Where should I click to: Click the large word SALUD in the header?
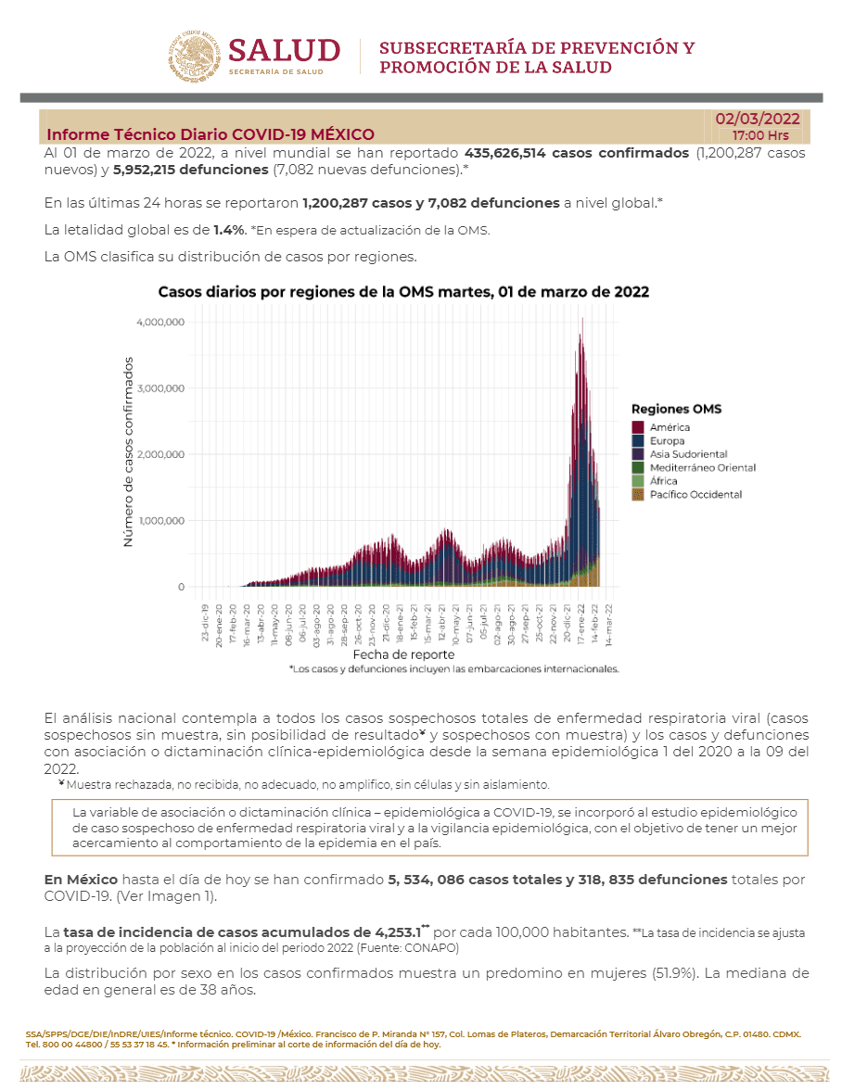(x=285, y=50)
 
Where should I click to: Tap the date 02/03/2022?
(x=757, y=119)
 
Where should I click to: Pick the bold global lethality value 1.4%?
(x=228, y=230)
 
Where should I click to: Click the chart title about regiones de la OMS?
(x=403, y=291)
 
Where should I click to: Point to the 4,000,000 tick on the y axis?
(x=160, y=322)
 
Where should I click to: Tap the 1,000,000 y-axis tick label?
(x=160, y=520)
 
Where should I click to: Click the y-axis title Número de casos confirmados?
(x=128, y=451)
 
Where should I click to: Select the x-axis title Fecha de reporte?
(x=391, y=654)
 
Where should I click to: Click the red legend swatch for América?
(x=638, y=427)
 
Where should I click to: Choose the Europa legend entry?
(x=667, y=441)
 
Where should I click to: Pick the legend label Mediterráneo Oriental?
(x=702, y=468)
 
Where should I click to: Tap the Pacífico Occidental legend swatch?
(x=638, y=495)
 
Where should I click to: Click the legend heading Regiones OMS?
(x=676, y=409)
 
